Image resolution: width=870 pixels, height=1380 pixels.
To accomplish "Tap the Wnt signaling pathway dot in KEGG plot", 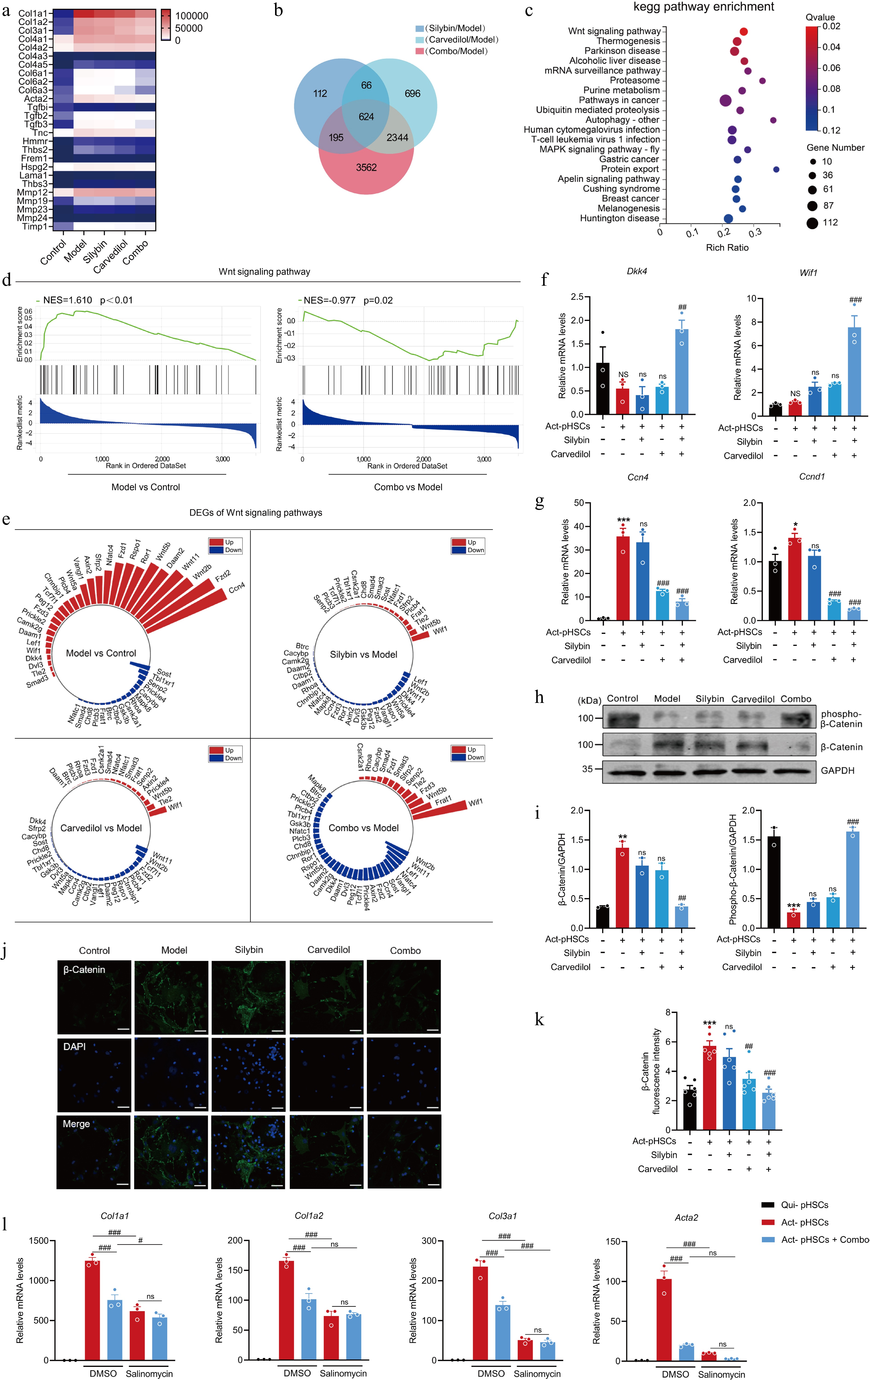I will [x=743, y=32].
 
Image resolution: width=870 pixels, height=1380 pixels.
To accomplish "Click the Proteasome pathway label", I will [x=635, y=80].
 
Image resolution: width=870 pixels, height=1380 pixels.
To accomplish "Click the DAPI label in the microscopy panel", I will [x=75, y=1046].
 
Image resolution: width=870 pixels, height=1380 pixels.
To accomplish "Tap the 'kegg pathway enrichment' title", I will [x=703, y=7].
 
